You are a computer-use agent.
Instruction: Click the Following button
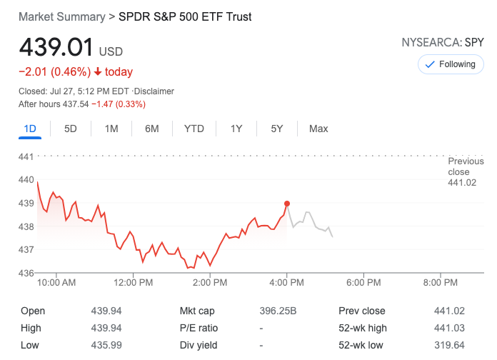point(451,64)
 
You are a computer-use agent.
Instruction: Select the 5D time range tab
point(71,129)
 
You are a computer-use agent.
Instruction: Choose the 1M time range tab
point(111,129)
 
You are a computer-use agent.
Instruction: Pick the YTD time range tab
point(194,129)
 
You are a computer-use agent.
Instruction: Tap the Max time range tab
point(318,129)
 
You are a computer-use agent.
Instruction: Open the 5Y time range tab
point(277,129)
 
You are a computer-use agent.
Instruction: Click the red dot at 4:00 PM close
point(287,204)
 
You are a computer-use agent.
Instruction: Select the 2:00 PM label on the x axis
point(210,283)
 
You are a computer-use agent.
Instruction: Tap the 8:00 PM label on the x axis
point(440,283)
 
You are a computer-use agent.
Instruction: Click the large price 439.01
point(56,48)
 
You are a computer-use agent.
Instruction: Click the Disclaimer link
point(155,91)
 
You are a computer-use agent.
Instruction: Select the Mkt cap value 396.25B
point(278,311)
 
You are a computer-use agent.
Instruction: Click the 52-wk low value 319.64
point(449,345)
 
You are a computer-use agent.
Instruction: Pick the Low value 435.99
point(106,345)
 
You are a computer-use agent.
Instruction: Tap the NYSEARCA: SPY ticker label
point(443,43)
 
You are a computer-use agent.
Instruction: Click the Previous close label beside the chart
point(465,166)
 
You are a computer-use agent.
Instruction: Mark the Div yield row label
point(199,345)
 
